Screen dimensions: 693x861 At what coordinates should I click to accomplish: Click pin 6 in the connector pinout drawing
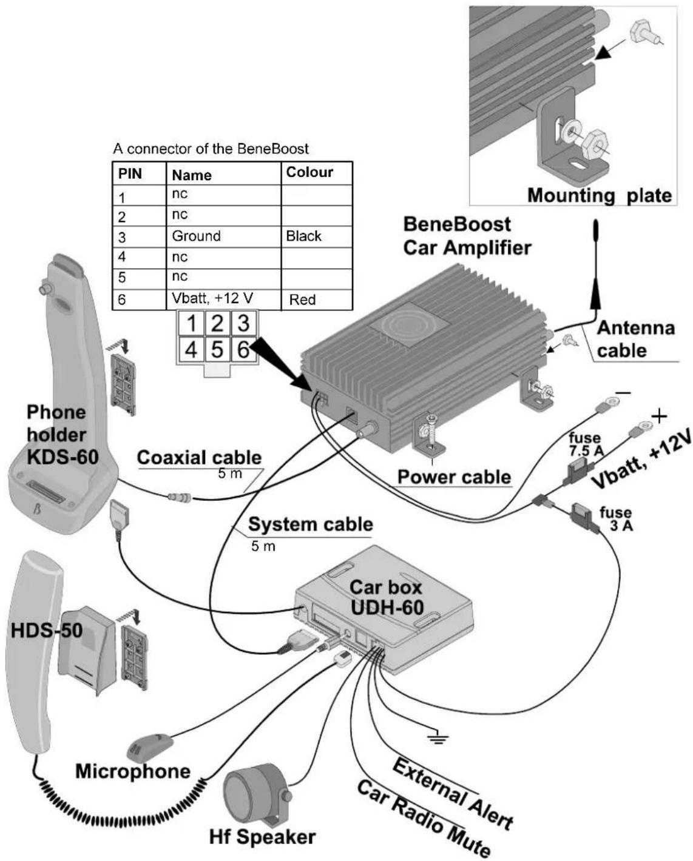pos(243,349)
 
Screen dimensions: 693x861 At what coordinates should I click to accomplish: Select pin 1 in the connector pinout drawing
pos(191,323)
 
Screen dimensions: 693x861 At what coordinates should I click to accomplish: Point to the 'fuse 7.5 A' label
pos(586,444)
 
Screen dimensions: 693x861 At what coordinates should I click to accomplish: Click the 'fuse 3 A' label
pos(616,519)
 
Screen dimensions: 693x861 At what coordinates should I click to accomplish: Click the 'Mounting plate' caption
pos(600,196)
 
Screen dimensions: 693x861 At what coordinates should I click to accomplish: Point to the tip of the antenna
pos(596,221)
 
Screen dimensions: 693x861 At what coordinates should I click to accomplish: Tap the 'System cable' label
pos(311,524)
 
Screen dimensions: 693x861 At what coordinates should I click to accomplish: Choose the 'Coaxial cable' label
pos(199,458)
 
